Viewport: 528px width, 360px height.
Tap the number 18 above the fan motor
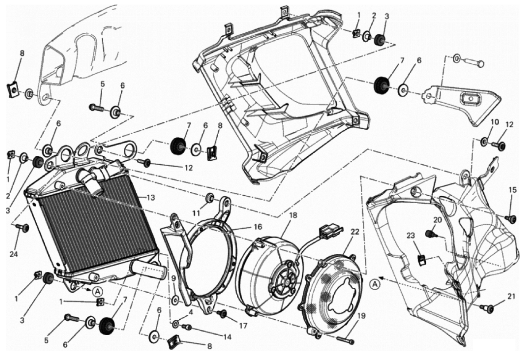coord(293,216)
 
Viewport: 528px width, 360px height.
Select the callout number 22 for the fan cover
coord(355,232)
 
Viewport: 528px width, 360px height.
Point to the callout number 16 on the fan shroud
coord(258,227)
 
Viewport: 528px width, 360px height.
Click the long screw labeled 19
coord(346,341)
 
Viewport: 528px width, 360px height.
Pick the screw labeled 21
coord(485,306)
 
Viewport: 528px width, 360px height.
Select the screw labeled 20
coord(429,233)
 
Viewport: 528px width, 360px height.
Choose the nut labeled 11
coord(211,197)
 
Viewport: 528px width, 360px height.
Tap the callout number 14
coord(227,337)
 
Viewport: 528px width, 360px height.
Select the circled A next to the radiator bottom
coord(97,291)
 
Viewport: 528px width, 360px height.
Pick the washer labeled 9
coord(176,300)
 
